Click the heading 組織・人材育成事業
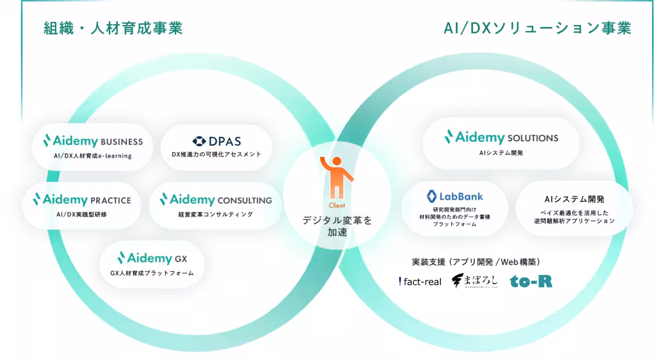coord(113,28)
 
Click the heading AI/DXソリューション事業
coord(537,28)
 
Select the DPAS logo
coord(217,141)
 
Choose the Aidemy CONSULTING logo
coord(216,200)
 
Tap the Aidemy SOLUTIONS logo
coord(501,137)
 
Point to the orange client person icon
coord(336,177)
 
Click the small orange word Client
coord(337,206)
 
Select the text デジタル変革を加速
coord(337,226)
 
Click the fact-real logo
coord(420,281)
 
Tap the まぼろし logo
coord(474,281)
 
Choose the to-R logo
coord(531,281)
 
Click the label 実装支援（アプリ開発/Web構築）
coord(476,261)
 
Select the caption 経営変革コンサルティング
coord(216,214)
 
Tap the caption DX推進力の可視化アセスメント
coord(217,154)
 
